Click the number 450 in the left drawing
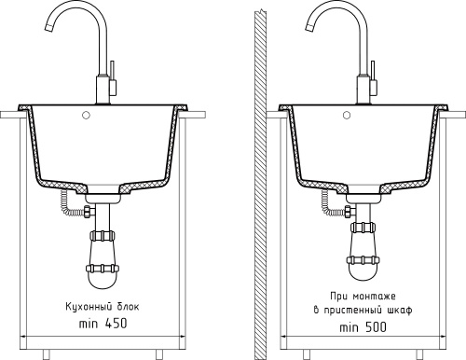click(x=116, y=324)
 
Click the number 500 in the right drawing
click(x=377, y=327)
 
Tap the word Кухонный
click(x=89, y=307)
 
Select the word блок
click(x=129, y=307)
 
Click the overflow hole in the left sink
click(x=86, y=115)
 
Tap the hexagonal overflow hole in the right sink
click(x=347, y=115)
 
